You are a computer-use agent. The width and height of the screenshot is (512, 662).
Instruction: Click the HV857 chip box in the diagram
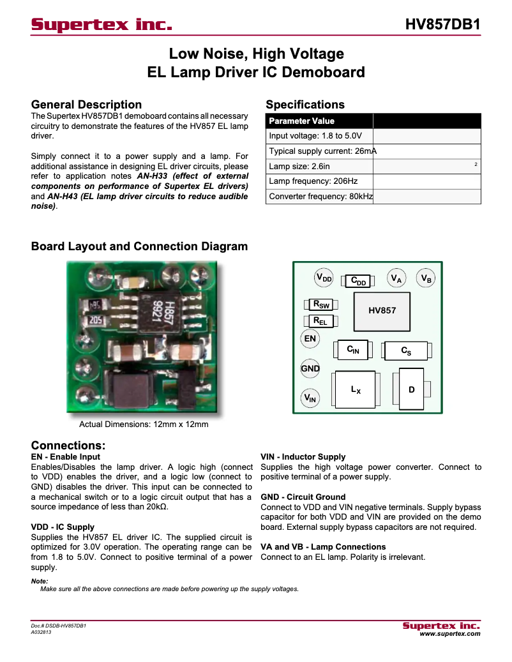point(382,310)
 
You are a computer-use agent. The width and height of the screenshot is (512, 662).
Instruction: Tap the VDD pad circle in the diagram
point(324,278)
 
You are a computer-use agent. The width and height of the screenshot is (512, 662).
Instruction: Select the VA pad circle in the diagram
point(396,278)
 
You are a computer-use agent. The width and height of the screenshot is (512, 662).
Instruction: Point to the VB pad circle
point(426,278)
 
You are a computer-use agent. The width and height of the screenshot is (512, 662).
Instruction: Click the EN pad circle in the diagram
point(310,338)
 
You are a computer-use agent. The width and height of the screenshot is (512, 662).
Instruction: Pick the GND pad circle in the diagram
point(310,368)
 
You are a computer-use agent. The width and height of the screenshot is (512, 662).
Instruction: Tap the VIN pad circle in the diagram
point(310,398)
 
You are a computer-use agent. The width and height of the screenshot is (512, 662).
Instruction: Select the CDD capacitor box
point(358,281)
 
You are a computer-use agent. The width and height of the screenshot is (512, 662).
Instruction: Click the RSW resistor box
point(320,305)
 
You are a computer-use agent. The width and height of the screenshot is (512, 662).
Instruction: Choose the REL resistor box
point(319,320)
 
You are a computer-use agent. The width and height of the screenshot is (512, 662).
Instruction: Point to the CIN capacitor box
point(353,350)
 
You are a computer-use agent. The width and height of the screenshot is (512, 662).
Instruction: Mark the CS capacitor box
point(406,351)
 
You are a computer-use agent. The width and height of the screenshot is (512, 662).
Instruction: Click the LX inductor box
point(356,389)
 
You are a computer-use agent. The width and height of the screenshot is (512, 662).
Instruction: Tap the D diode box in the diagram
point(412,389)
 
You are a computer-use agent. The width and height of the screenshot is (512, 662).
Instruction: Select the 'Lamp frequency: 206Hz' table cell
point(319,181)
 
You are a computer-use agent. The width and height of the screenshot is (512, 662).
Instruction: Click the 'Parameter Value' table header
point(319,121)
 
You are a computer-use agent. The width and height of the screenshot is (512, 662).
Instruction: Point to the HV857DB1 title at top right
point(442,25)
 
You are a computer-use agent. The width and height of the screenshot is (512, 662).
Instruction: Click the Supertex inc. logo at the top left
point(102,26)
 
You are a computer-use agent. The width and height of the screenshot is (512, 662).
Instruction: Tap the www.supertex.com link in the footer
point(449,634)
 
